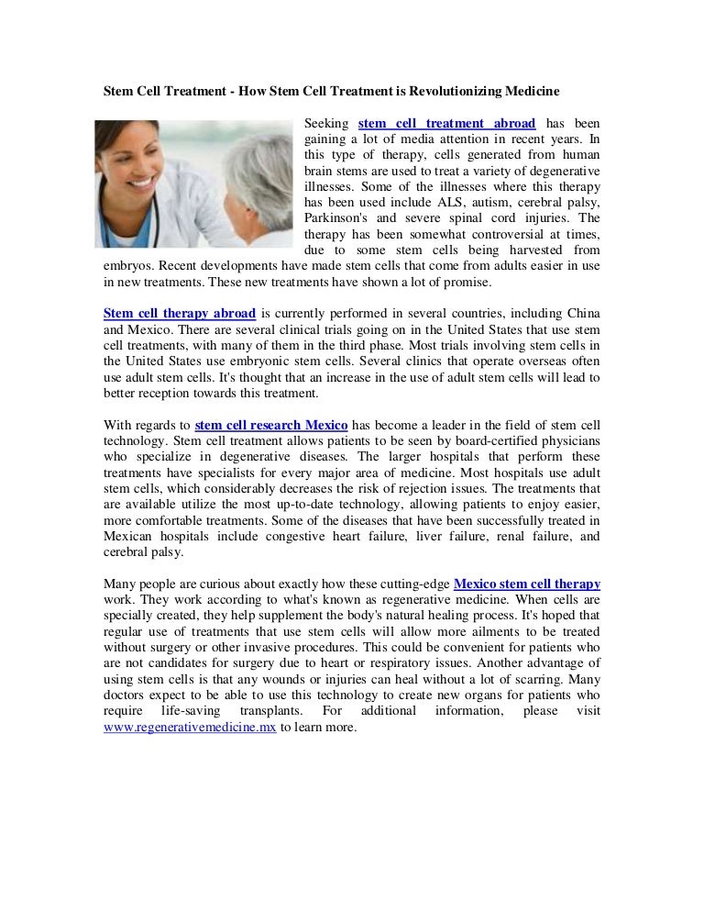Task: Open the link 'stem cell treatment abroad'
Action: [x=446, y=123]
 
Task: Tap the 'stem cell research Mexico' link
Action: [x=271, y=426]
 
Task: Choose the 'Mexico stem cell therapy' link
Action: [x=527, y=583]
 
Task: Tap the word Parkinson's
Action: [x=334, y=218]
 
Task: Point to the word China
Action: [x=581, y=312]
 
